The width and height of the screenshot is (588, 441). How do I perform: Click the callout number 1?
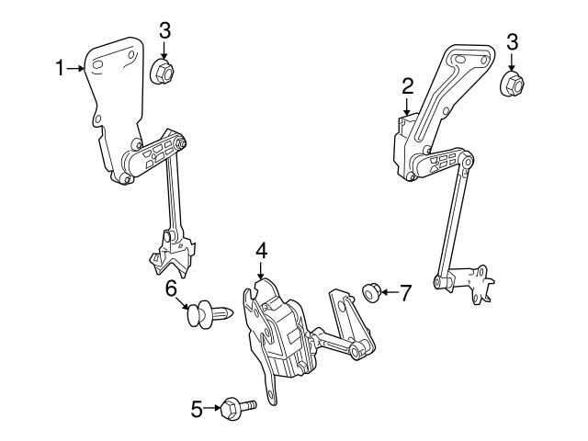(x=62, y=67)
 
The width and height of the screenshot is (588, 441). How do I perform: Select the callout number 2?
(x=408, y=86)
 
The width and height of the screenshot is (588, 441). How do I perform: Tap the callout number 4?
(x=261, y=250)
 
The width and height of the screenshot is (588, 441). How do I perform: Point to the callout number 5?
(x=196, y=407)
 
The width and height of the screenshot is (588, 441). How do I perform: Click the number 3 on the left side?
(x=164, y=29)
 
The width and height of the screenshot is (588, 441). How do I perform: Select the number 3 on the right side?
(x=512, y=41)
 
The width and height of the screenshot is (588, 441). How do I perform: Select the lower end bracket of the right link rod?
(x=473, y=282)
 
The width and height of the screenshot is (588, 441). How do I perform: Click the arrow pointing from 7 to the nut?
(x=389, y=292)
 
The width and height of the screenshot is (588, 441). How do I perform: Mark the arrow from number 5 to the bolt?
(x=211, y=407)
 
